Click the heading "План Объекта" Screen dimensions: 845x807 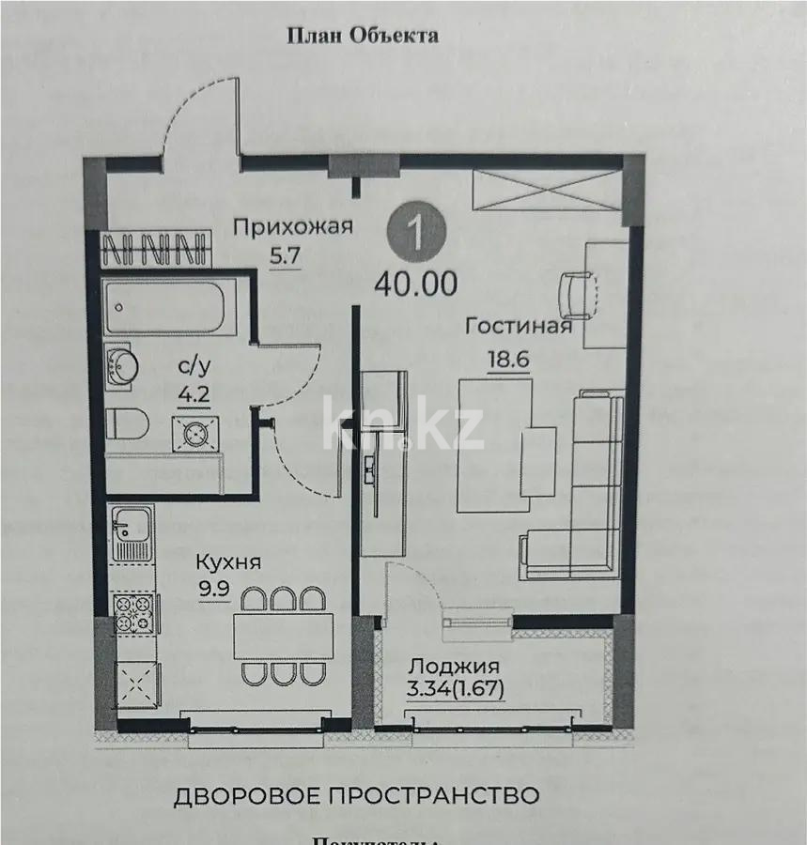[x=362, y=36]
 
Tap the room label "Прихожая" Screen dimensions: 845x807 [x=292, y=226]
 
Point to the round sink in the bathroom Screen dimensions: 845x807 [x=123, y=366]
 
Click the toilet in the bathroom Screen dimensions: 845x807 [x=126, y=424]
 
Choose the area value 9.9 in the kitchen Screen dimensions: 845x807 [x=213, y=591]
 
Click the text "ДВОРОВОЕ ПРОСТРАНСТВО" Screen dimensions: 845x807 [x=357, y=796]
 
